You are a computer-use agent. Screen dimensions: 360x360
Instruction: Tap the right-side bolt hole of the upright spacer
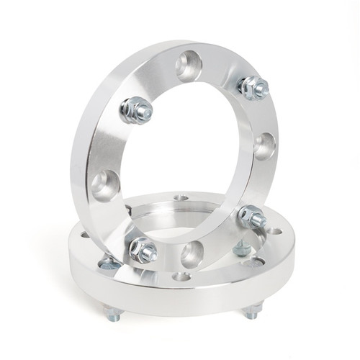pos(264,145)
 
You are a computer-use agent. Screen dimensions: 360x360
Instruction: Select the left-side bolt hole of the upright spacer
pos(105,184)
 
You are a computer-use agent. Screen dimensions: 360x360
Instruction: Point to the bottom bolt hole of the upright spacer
pos(192,254)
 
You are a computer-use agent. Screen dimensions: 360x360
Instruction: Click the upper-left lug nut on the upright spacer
pos(135,109)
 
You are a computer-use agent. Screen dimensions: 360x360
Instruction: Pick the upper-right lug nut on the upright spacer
pos(253,87)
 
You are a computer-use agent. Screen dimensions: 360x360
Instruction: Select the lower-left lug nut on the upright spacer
pos(143,249)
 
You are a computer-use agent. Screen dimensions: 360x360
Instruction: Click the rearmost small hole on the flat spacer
pos(181,197)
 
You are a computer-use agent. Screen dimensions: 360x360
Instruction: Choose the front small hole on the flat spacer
pos(182,276)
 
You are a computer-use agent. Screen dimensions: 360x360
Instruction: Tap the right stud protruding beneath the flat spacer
pos(251,311)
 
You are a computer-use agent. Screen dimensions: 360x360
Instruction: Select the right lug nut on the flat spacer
pos(242,248)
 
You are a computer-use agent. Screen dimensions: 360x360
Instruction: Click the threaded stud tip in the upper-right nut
pos(261,89)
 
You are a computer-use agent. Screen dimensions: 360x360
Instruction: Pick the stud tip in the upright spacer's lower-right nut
pos(259,218)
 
